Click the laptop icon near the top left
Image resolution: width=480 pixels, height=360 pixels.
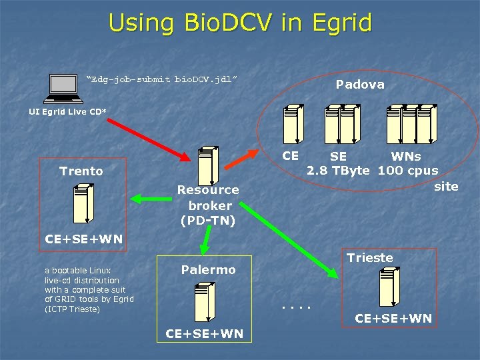pos(65,87)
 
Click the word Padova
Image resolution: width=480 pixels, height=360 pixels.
pos(360,85)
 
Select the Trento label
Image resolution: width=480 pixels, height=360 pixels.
pos(81,171)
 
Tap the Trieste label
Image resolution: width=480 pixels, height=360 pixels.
pos(370,258)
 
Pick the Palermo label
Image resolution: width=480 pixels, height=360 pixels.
pos(209,270)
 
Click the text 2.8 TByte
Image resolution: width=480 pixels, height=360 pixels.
pos(339,170)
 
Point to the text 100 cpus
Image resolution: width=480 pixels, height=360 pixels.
pos(408,170)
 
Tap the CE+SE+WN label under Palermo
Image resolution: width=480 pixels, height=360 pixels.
pos(205,333)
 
